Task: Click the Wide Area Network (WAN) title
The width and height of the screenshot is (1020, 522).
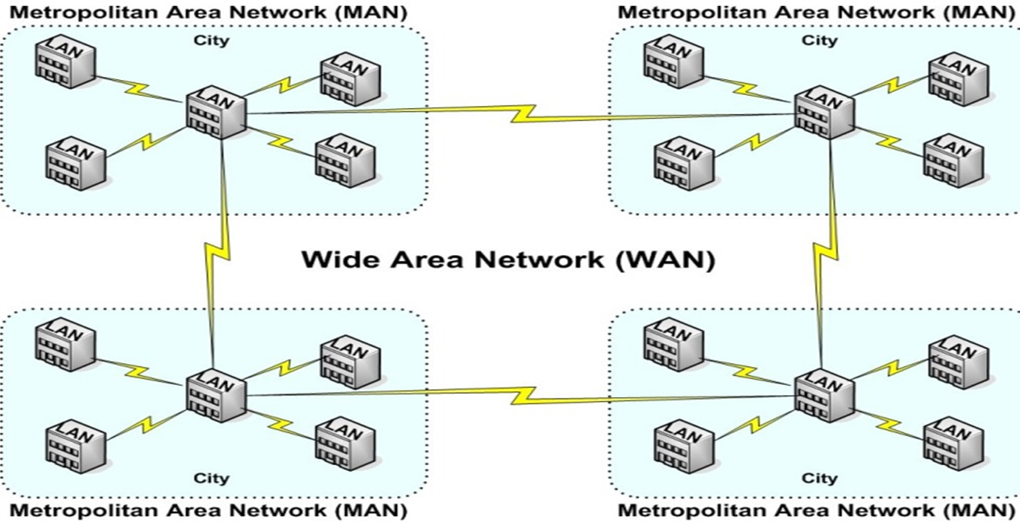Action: (x=507, y=259)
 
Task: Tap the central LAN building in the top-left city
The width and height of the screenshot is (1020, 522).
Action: (x=216, y=111)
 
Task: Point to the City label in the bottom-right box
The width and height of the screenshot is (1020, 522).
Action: (x=820, y=478)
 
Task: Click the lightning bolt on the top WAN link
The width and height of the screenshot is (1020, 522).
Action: (x=520, y=114)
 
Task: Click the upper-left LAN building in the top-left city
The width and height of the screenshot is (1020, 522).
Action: (x=65, y=61)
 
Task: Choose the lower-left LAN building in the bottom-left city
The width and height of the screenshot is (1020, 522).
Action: (x=76, y=441)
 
